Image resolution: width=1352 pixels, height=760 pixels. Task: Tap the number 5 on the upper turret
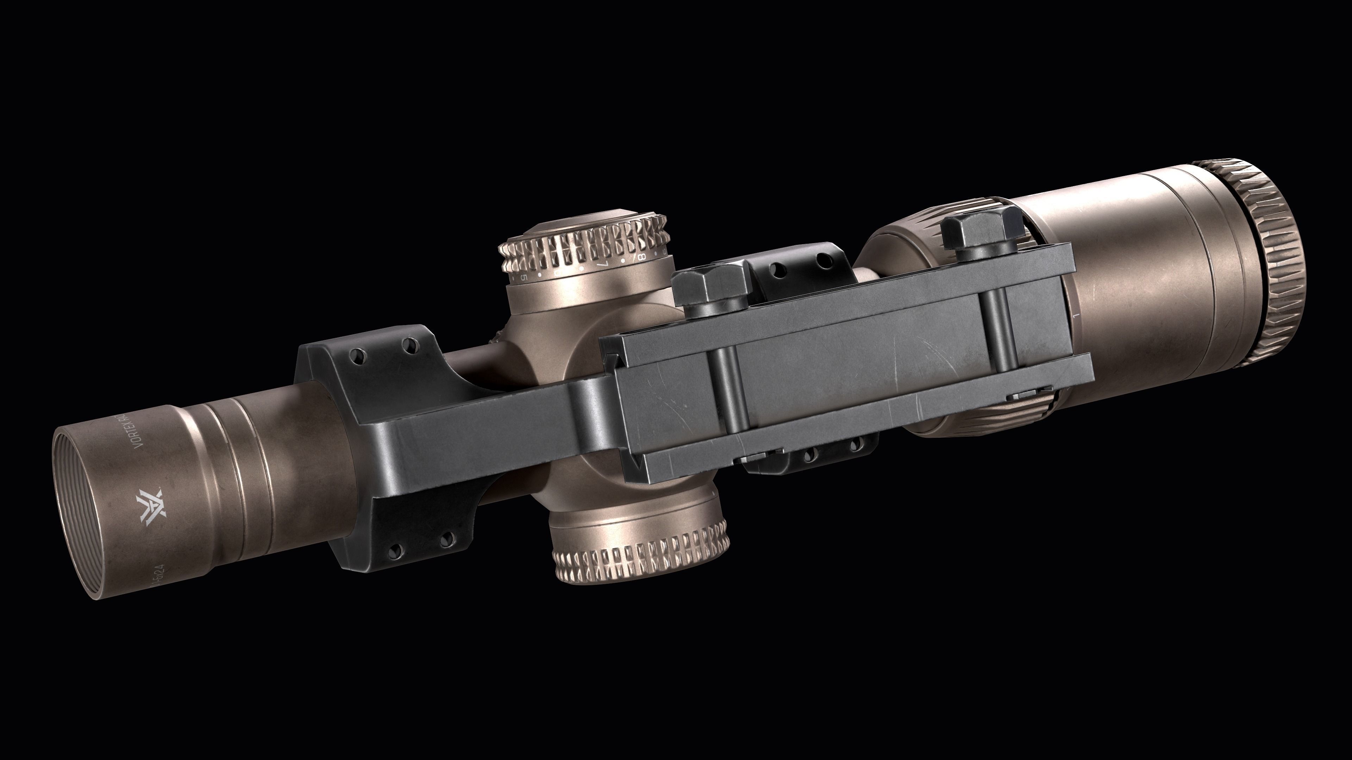(524, 277)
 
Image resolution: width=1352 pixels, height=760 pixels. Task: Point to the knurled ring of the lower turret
(640, 566)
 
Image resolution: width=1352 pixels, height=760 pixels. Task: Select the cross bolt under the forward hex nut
(727, 388)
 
